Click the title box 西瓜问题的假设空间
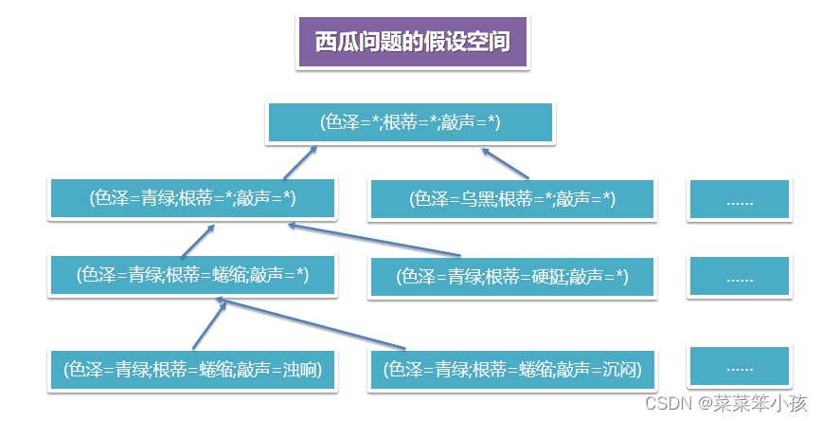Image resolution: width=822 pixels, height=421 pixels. pyautogui.click(x=413, y=43)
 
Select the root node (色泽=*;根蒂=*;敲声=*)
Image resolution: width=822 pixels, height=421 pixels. pyautogui.click(x=410, y=122)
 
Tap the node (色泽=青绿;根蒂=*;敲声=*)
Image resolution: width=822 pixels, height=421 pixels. pyautogui.click(x=192, y=198)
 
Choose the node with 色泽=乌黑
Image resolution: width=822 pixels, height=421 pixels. pyautogui.click(x=512, y=199)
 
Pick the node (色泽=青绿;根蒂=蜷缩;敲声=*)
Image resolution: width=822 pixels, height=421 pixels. pyautogui.click(x=192, y=276)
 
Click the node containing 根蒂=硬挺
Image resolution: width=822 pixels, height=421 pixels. pyautogui.click(x=512, y=277)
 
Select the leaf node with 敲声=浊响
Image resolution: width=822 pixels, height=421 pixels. pyautogui.click(x=192, y=370)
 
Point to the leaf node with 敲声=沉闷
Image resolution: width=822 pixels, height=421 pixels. pyautogui.click(x=512, y=370)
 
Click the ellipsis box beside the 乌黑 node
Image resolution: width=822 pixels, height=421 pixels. pyautogui.click(x=739, y=200)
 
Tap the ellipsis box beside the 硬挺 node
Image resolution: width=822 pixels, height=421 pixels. pyautogui.click(x=739, y=278)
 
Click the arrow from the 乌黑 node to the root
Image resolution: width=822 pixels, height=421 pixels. pyautogui.click(x=506, y=163)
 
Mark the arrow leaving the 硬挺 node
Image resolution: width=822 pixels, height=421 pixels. pyautogui.click(x=374, y=239)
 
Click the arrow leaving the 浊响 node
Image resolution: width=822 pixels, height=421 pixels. pyautogui.click(x=208, y=324)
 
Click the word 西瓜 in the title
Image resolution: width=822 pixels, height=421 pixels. pyautogui.click(x=339, y=43)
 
